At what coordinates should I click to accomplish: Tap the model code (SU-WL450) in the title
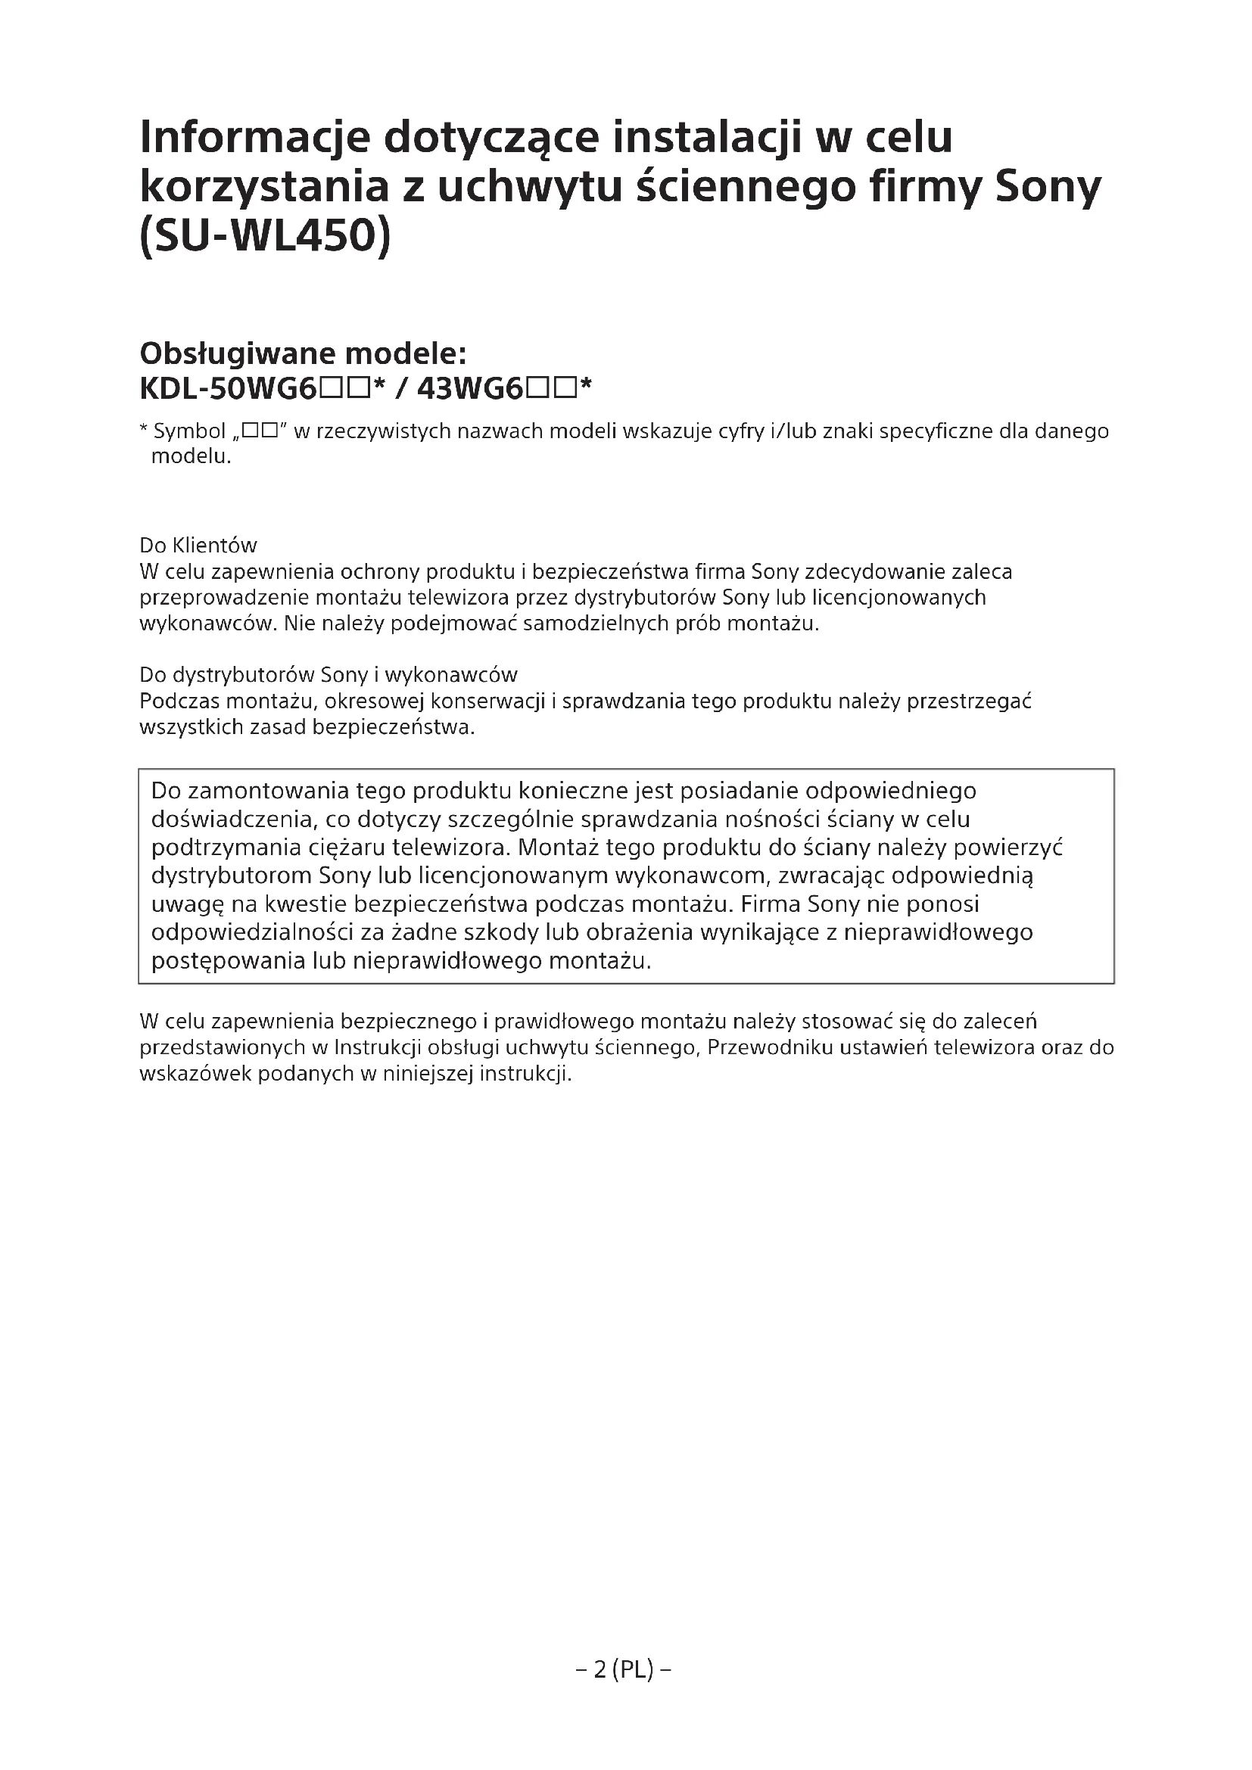pos(265,236)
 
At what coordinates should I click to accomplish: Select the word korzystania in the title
pos(263,188)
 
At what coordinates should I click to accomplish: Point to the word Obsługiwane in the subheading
pos(235,354)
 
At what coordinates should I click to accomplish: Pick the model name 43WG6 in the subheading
pos(471,389)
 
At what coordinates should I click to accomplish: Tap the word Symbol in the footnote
pos(190,431)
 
